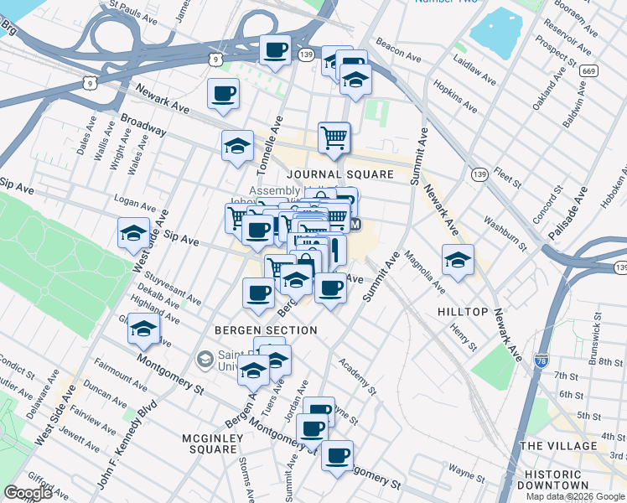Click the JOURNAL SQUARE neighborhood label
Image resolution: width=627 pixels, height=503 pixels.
pyautogui.click(x=339, y=174)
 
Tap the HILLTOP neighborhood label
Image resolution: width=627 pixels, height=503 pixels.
pyautogui.click(x=463, y=311)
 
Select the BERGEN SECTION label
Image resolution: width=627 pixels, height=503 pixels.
pyautogui.click(x=266, y=330)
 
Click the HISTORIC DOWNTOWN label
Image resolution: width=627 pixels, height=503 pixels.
pyautogui.click(x=557, y=480)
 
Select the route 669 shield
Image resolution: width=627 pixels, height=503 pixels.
pyautogui.click(x=589, y=71)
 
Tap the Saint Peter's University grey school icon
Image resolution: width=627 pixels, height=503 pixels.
pyautogui.click(x=204, y=360)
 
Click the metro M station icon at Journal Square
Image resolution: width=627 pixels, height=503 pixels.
pyautogui.click(x=355, y=225)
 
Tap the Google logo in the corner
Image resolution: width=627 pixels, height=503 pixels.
pyautogui.click(x=28, y=493)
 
